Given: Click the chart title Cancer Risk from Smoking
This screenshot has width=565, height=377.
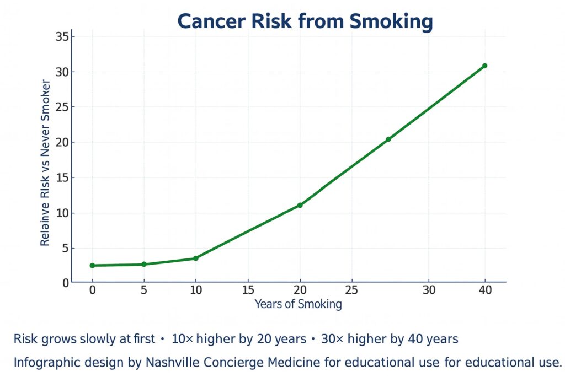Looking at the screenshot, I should [305, 21].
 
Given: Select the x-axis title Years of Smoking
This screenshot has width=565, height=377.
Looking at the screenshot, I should [298, 304].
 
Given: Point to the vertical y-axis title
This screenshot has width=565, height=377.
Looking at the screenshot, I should [46, 163].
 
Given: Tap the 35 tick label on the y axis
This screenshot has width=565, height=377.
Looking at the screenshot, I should [61, 37].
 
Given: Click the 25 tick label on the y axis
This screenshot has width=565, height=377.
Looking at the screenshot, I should [61, 107].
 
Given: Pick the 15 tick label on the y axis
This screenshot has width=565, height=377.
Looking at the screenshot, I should [61, 177].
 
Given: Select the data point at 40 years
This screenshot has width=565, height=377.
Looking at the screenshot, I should [484, 66].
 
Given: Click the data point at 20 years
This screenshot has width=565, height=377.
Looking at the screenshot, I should [300, 205].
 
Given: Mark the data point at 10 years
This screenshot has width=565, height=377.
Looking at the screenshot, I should [196, 258].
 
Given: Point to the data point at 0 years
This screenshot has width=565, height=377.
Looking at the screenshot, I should [92, 266].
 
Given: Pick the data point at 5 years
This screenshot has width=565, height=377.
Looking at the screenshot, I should [144, 264].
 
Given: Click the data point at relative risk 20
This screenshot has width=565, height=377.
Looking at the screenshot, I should [388, 139].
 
